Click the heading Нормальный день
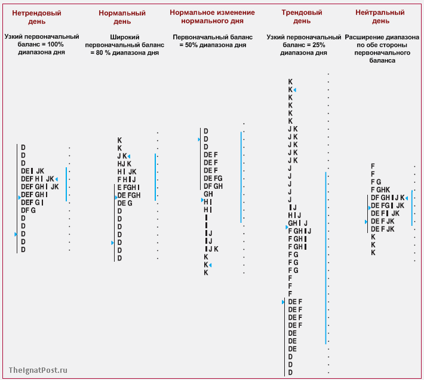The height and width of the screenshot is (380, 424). [122, 17]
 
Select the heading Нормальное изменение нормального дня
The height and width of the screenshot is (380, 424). [212, 16]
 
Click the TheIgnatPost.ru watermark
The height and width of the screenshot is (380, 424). [38, 370]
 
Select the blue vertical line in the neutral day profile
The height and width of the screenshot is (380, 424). [412, 208]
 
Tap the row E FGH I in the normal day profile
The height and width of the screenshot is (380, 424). [128, 187]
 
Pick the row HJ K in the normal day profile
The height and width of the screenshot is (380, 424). [125, 164]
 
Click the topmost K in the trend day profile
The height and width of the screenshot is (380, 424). [290, 82]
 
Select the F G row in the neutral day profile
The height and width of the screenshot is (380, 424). [376, 182]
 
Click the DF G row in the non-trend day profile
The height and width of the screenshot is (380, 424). [28, 210]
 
